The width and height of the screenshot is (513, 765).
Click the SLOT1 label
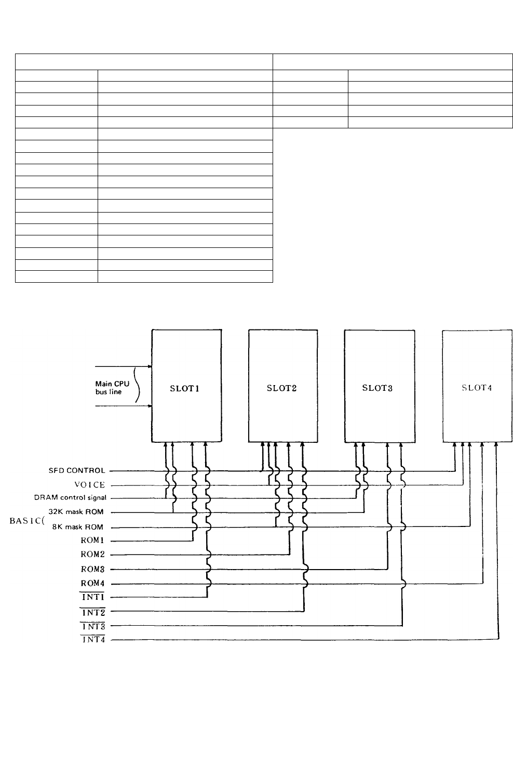[x=184, y=388]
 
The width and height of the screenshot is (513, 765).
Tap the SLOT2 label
[x=281, y=388]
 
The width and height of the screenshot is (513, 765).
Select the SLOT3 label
[x=377, y=388]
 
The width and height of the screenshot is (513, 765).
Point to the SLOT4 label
[x=477, y=388]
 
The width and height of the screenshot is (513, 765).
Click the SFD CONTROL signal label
[x=77, y=470]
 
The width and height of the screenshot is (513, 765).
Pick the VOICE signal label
[x=90, y=484]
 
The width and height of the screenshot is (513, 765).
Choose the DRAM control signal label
[x=70, y=497]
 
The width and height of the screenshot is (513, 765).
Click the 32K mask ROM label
[x=76, y=511]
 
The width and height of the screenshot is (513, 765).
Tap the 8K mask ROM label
[x=77, y=526]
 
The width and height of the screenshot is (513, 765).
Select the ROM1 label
[x=92, y=540]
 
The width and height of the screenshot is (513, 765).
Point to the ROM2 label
[x=92, y=554]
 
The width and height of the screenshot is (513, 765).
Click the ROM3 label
[x=92, y=569]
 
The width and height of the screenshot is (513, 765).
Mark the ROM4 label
[x=92, y=583]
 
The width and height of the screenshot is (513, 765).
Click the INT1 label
[x=93, y=597]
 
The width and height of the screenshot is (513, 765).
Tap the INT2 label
[x=93, y=612]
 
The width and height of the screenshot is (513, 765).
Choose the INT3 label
[x=93, y=626]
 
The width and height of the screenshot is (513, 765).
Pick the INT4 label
[x=93, y=639]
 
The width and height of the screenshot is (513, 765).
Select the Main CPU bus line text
[x=112, y=388]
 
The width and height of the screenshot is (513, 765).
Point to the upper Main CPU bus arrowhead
[x=150, y=366]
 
